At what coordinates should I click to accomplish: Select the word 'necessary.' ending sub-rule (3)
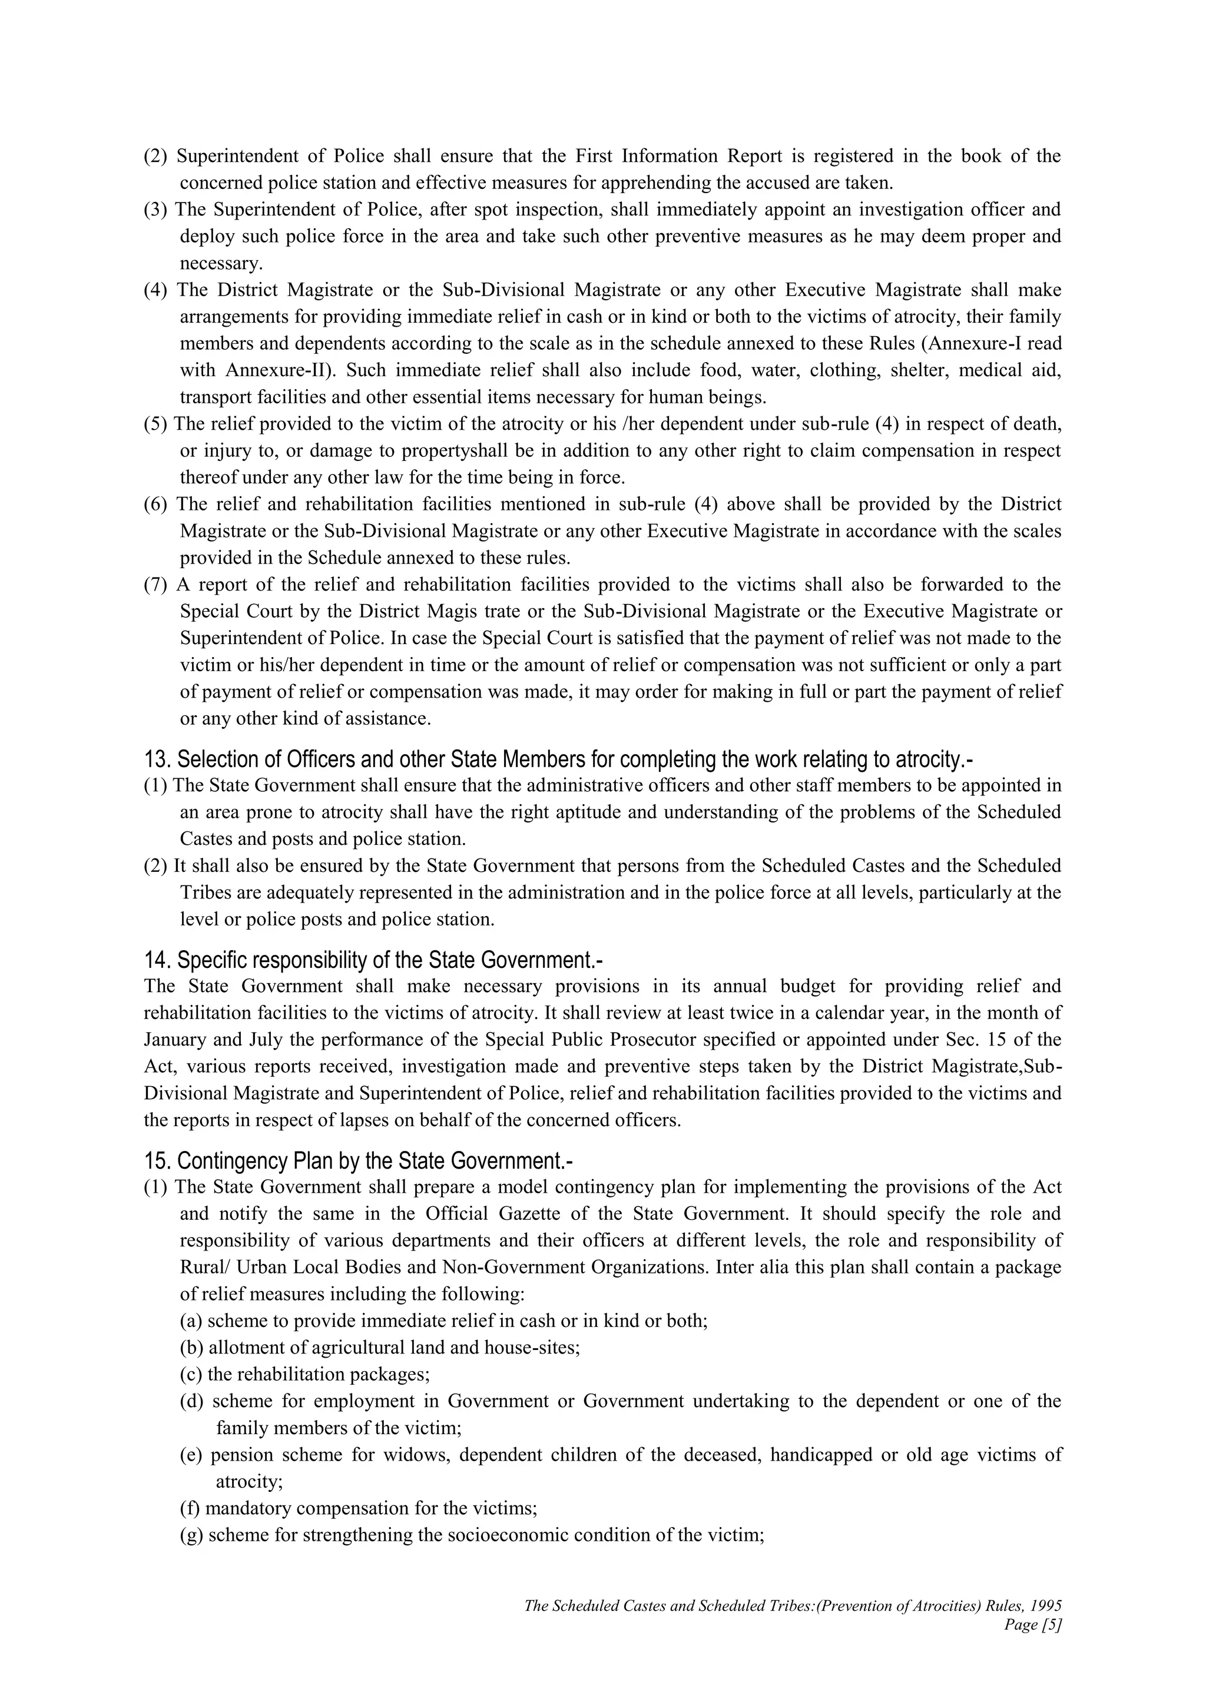[221, 263]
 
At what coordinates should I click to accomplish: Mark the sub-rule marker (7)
[156, 585]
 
